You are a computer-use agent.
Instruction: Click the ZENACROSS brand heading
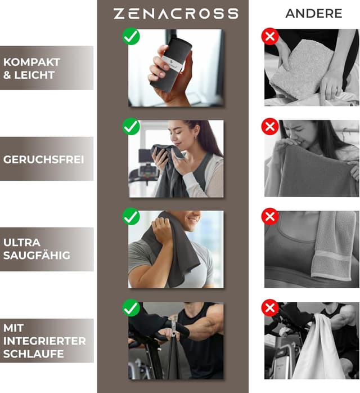point(175,14)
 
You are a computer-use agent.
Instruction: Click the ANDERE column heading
point(313,14)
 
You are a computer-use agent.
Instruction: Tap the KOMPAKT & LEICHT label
point(31,68)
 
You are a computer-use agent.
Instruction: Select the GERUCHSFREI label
point(43,159)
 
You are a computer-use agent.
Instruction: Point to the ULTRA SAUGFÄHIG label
point(37,249)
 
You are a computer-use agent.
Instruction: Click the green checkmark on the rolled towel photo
point(131,37)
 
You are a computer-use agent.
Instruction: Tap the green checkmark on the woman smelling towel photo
point(131,127)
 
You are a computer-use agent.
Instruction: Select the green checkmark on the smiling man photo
point(131,217)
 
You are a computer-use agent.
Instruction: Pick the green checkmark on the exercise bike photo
point(131,307)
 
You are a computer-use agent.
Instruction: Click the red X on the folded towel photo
point(270,37)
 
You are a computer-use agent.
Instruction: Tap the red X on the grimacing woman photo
point(270,127)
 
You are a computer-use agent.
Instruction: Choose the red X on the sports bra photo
point(270,217)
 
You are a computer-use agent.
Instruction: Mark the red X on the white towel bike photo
point(270,307)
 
